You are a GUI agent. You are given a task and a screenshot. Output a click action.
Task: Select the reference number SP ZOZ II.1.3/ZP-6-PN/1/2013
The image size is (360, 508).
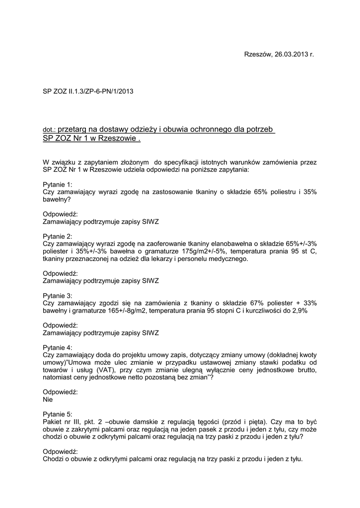(88, 91)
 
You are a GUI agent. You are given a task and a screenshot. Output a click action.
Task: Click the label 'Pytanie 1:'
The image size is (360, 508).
(58, 184)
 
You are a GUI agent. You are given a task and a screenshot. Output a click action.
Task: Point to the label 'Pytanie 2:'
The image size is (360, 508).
(58, 236)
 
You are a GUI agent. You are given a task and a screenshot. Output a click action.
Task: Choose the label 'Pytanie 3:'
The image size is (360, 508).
(58, 296)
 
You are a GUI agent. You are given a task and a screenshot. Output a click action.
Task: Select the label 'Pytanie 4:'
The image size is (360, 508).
(58, 347)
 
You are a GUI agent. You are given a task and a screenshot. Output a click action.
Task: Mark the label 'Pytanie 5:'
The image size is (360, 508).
(58, 414)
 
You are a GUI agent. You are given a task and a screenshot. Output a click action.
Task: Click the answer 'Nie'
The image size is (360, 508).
(48, 399)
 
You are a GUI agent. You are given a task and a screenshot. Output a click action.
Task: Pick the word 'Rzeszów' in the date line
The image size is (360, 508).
(258, 54)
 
